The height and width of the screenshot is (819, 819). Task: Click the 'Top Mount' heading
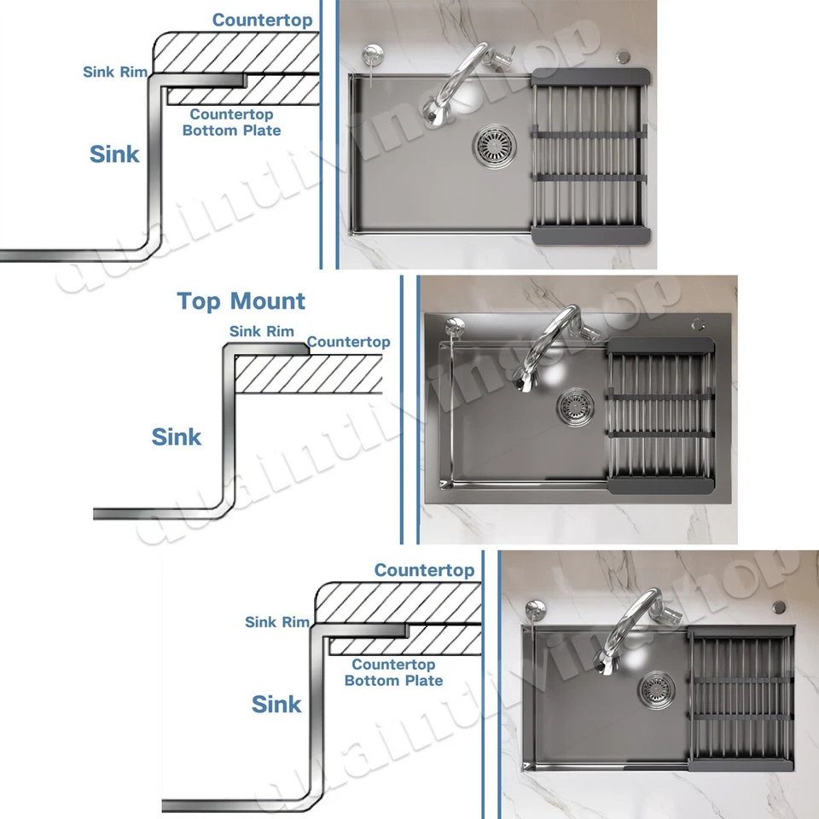(241, 301)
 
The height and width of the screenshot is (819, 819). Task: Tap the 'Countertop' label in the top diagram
(262, 19)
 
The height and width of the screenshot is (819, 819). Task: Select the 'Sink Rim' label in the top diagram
(115, 72)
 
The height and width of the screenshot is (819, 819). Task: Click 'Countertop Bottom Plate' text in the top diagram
(231, 122)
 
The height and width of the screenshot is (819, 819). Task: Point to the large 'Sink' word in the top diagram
(114, 154)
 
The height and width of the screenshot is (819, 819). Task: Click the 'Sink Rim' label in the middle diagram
(261, 331)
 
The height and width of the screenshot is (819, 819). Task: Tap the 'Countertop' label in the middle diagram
(348, 342)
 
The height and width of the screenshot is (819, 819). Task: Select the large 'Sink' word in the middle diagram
(177, 437)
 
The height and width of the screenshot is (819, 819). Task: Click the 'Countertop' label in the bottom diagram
(424, 570)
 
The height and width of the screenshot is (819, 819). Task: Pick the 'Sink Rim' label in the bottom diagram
(277, 622)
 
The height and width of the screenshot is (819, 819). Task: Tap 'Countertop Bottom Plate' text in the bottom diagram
(393, 672)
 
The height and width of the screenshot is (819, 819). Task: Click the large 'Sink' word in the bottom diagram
(276, 705)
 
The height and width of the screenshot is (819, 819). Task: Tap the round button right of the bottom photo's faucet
(778, 607)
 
